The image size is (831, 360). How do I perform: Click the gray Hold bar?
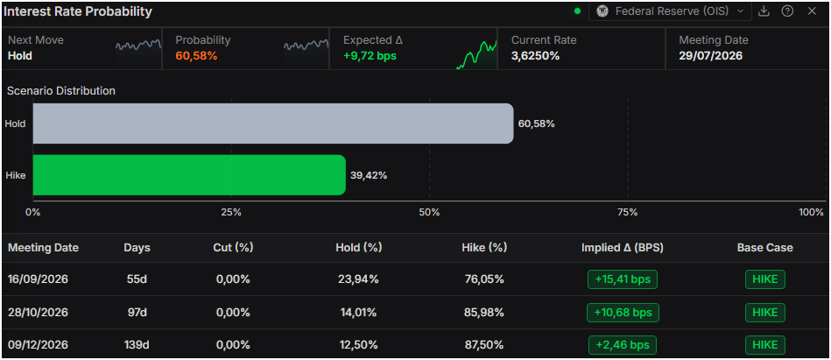[273, 124]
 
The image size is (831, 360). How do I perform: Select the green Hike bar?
[189, 175]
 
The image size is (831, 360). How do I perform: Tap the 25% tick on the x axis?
[231, 213]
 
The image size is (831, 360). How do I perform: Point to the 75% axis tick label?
[628, 213]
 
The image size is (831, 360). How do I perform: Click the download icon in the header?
[764, 11]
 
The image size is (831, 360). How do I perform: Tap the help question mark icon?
[787, 11]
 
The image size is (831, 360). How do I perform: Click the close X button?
[812, 11]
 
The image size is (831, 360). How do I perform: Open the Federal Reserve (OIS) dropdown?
[670, 11]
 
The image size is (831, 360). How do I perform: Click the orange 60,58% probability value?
[197, 56]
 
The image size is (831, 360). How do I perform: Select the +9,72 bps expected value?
[370, 56]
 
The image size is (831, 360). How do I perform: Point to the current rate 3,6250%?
[535, 56]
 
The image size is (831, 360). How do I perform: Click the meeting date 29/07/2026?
[711, 56]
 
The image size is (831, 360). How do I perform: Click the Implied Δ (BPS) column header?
[623, 248]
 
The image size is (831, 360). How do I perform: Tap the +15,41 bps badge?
[623, 279]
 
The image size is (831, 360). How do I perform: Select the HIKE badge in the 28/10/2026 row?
[765, 313]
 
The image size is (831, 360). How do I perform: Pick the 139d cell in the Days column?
[137, 345]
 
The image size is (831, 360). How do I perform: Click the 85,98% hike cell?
[483, 313]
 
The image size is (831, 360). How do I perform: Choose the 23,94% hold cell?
[358, 279]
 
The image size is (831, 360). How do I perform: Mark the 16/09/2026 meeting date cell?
[39, 279]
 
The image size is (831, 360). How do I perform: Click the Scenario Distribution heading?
[61, 91]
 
